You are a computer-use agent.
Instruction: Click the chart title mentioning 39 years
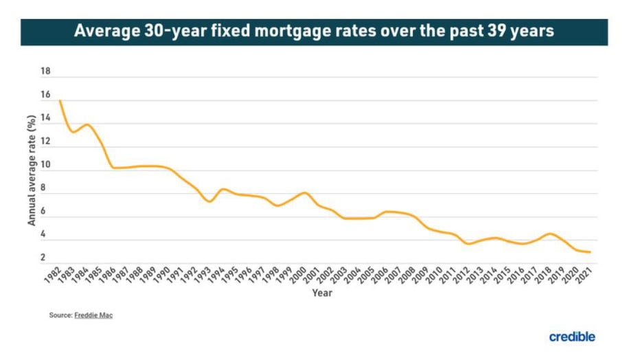click(314, 32)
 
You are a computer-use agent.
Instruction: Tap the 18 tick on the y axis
click(46, 71)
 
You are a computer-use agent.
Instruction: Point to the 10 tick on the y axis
click(46, 166)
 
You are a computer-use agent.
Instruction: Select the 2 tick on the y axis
click(46, 258)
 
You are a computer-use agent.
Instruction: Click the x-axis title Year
click(322, 293)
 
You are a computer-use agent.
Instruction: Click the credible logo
click(571, 337)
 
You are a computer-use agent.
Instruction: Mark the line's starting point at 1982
click(60, 101)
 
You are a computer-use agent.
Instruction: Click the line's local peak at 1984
click(87, 124)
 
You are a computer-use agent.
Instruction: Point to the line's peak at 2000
click(305, 192)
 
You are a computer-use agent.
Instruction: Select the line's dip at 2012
click(468, 244)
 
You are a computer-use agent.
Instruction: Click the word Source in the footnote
click(59, 315)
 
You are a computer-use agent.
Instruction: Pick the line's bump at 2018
click(550, 234)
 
